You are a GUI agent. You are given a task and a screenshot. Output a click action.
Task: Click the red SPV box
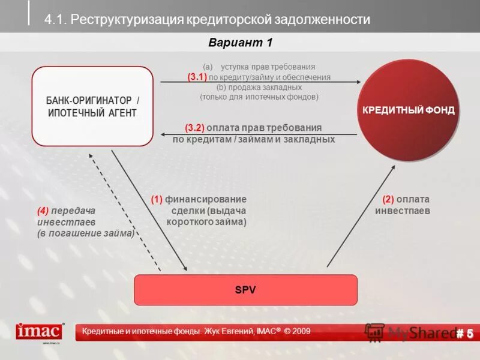(245, 290)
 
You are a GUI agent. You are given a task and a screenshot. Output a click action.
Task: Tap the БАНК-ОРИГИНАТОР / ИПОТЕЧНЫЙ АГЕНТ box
(92, 106)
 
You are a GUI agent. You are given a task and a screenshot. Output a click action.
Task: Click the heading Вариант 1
(240, 42)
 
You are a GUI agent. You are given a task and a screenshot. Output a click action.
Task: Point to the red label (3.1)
(197, 77)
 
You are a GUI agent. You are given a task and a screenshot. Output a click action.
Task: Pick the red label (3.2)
(194, 128)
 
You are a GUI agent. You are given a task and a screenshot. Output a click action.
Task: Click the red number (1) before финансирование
(157, 199)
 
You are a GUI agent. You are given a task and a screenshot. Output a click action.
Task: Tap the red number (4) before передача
(43, 211)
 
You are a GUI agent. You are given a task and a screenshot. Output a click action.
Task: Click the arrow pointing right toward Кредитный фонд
(258, 82)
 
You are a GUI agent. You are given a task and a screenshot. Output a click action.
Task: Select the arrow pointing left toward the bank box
(258, 134)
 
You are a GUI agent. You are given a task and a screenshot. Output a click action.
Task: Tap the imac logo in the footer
(40, 331)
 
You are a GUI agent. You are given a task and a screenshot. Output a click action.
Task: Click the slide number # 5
(464, 333)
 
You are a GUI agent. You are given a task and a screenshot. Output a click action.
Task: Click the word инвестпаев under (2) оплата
(403, 211)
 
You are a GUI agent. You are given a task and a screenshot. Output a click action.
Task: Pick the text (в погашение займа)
(86, 233)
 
